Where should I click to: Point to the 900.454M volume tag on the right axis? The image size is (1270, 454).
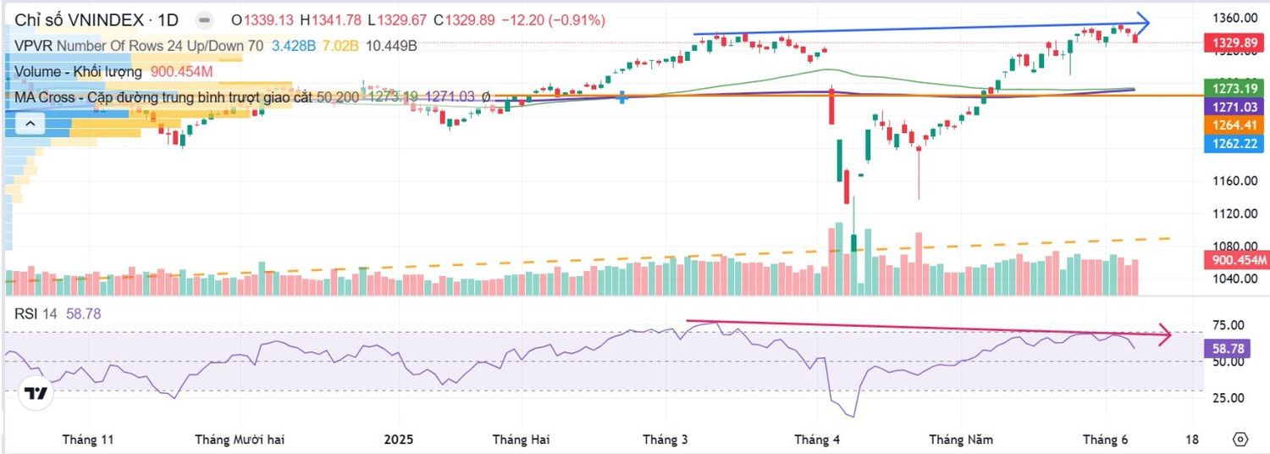(1235, 260)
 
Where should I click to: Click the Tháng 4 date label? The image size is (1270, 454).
(817, 440)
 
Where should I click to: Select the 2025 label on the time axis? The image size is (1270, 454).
(398, 440)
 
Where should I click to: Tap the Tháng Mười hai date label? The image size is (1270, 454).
(240, 440)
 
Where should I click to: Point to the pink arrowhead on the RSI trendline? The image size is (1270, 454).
(1164, 335)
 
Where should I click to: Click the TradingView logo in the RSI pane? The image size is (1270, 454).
(36, 394)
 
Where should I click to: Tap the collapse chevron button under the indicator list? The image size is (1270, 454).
(30, 125)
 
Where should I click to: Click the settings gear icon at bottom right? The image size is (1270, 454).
(1240, 439)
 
